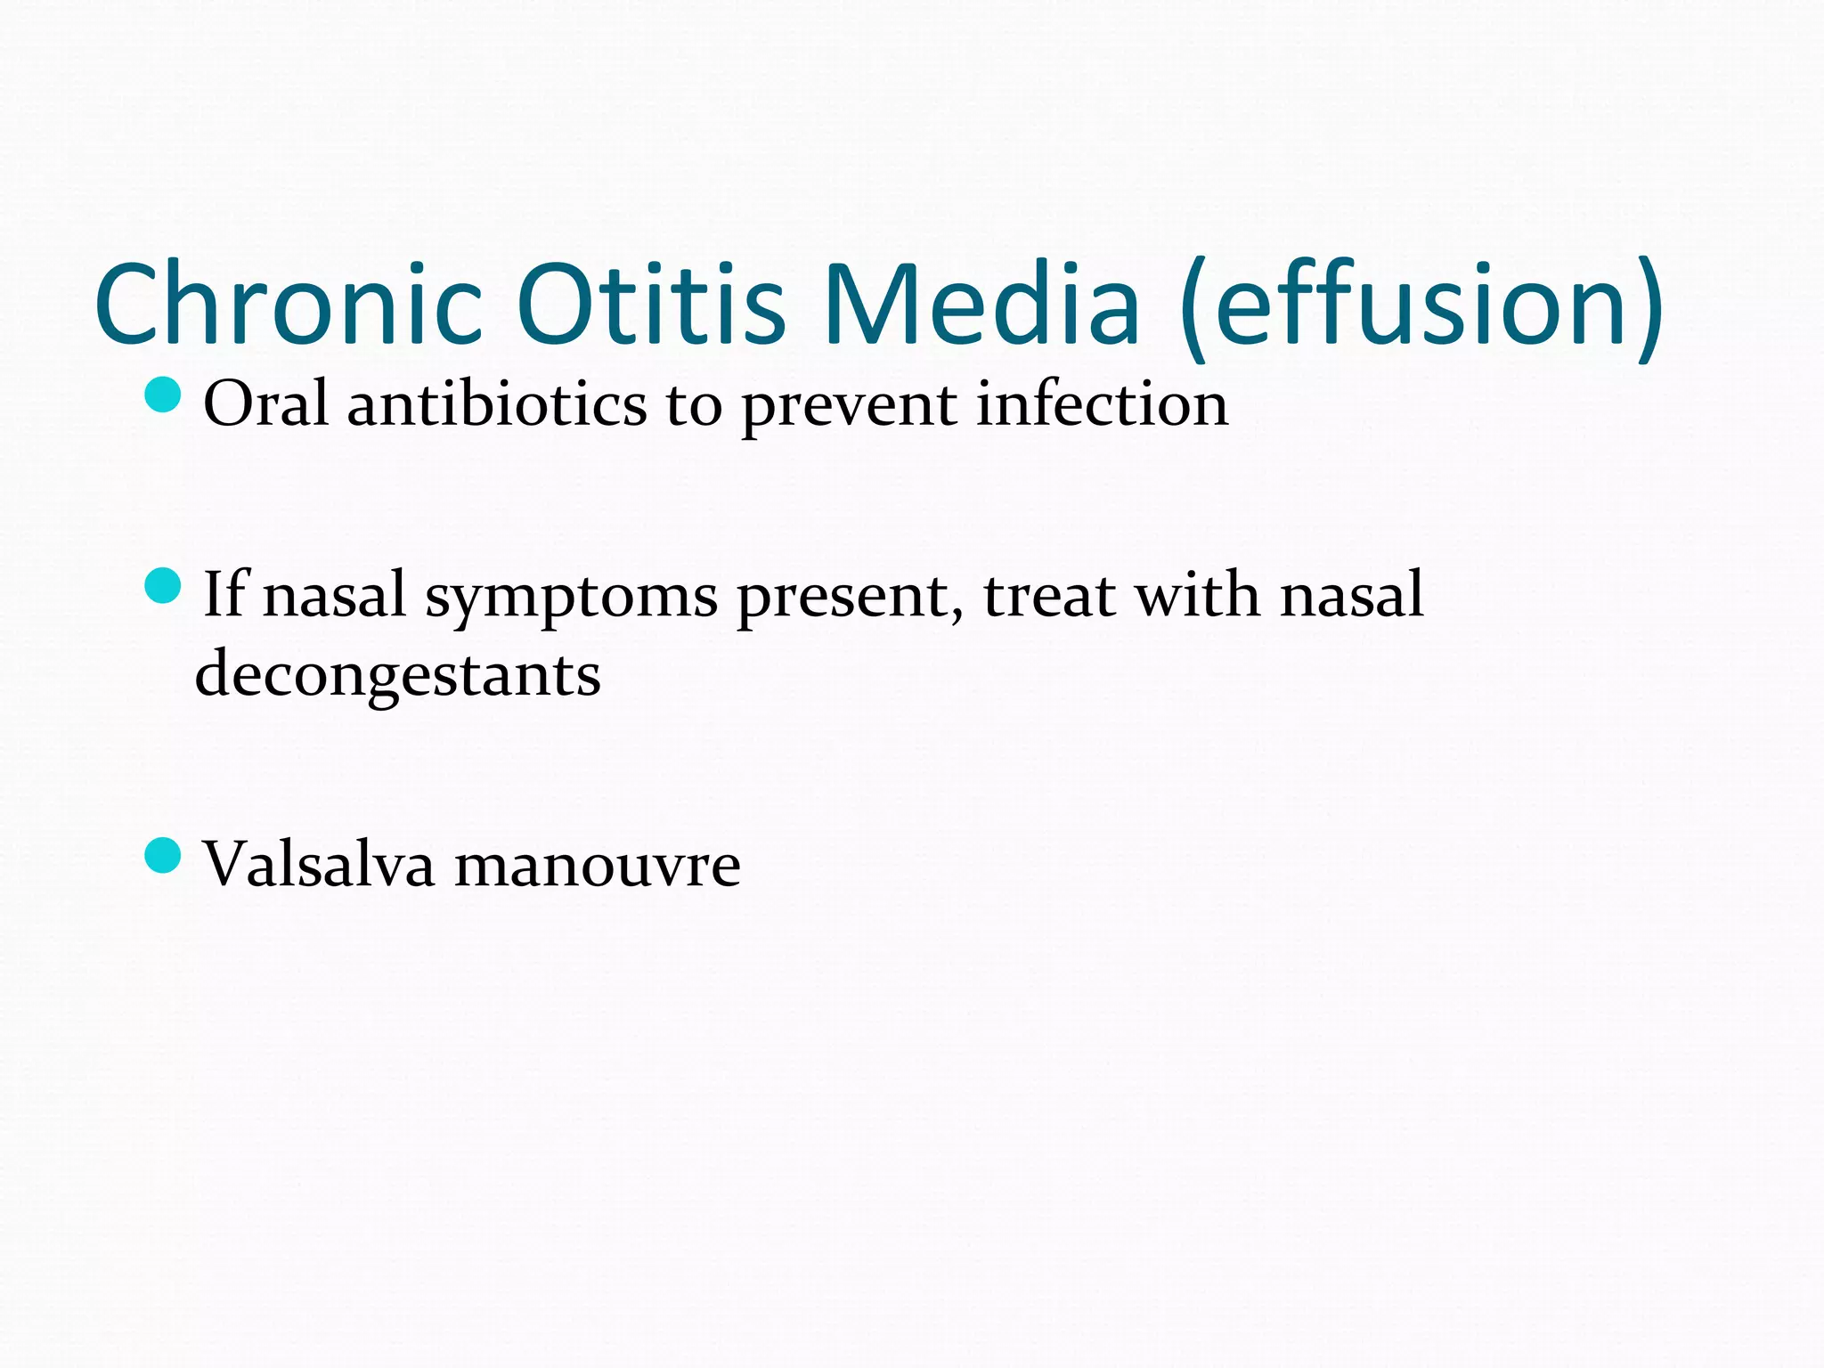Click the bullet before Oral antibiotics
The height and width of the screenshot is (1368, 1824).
coord(163,395)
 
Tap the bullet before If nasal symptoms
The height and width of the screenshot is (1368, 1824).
coord(163,585)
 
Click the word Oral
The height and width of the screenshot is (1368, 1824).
coord(265,404)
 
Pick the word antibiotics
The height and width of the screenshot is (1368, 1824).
coord(496,404)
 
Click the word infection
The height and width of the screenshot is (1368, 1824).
coord(1102,404)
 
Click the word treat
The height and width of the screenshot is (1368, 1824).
coord(1049,595)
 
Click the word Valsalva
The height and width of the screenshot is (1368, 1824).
coord(319,864)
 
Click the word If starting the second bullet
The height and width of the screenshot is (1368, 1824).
coord(224,594)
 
